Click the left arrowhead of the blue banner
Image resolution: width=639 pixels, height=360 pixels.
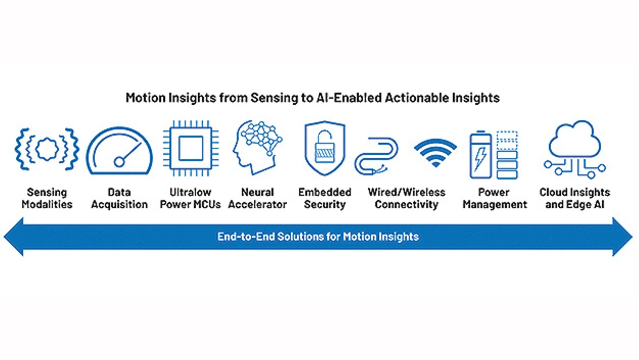click(14, 237)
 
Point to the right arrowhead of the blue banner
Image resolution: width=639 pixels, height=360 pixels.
click(622, 237)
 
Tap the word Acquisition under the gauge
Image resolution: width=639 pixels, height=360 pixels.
click(119, 205)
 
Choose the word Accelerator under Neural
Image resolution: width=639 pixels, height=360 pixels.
click(257, 204)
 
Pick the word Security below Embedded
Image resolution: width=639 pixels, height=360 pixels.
click(325, 205)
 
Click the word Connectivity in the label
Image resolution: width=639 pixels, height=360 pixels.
click(407, 205)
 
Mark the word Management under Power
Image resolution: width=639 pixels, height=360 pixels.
click(495, 205)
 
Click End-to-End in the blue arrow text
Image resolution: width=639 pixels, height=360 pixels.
click(246, 237)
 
